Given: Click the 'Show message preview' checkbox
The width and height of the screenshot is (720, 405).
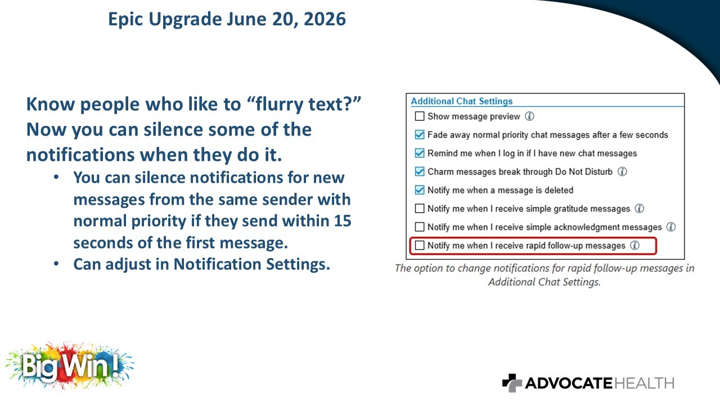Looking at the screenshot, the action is [420, 116].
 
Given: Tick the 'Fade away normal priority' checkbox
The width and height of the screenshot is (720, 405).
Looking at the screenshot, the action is [420, 134].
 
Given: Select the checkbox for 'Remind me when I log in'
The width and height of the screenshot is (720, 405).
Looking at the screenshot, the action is [420, 153].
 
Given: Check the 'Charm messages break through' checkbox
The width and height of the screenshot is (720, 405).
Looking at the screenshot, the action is [420, 172].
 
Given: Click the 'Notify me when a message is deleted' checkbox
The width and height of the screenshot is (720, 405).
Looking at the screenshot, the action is [420, 190].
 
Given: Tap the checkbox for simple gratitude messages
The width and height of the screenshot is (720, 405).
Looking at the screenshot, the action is [420, 209].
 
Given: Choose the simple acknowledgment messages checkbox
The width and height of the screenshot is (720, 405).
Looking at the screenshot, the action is [420, 227].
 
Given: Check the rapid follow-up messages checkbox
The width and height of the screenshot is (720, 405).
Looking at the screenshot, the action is [420, 246].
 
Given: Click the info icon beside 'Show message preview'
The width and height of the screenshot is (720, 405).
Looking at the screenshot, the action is [529, 116].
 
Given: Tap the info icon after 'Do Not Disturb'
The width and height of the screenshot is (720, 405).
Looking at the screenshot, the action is [622, 172].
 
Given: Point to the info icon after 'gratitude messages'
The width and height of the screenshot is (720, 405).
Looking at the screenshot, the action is [640, 209].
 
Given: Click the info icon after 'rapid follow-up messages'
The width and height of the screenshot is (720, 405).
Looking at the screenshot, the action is [634, 246].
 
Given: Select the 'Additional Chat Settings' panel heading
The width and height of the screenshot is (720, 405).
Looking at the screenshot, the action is [462, 101].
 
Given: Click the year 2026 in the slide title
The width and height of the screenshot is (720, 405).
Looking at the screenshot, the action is [325, 19].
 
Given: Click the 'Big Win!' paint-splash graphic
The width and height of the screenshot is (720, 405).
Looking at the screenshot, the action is [70, 366].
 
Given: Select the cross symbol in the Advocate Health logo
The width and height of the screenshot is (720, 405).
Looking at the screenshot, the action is [512, 383].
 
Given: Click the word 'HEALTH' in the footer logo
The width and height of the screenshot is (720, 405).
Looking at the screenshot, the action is [645, 383].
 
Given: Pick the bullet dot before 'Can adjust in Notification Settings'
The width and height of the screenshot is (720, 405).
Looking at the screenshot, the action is [56, 264].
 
